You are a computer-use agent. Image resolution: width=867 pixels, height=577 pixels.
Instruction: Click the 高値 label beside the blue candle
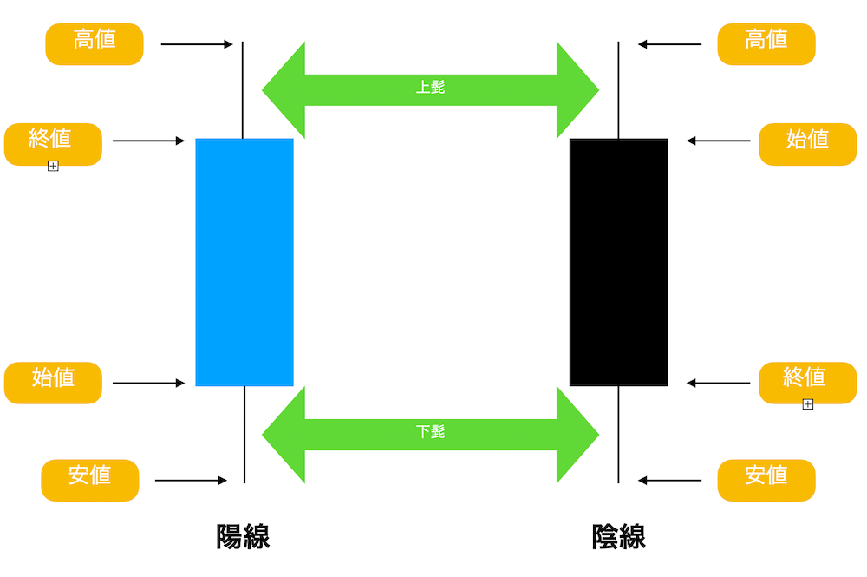point(95,44)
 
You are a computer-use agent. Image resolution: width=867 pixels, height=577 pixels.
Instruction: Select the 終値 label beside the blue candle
point(53,144)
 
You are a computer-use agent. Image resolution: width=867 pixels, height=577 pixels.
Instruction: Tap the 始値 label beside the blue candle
point(53,383)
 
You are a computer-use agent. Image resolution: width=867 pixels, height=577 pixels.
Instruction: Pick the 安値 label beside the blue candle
point(90,480)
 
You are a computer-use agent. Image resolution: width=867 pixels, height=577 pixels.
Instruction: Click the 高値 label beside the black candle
point(766,44)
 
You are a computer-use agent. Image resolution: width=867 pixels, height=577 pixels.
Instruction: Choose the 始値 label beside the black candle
point(808,144)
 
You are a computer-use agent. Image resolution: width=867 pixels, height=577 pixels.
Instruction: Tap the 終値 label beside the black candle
point(808,383)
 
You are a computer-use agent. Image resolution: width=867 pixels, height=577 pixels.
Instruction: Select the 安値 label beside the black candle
point(766,480)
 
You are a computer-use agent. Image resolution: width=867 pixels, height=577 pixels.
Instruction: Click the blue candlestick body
point(244,262)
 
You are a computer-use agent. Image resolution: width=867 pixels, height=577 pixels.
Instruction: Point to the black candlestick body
point(618,262)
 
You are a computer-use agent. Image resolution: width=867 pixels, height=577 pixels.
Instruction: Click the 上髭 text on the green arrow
point(430,87)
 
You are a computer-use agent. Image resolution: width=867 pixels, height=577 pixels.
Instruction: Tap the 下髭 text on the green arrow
point(430,431)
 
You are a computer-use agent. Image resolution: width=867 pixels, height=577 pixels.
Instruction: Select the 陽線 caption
point(243,536)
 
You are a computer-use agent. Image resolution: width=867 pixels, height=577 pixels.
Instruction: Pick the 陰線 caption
point(618,536)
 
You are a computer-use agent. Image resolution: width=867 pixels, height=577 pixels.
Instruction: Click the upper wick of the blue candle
point(243,89)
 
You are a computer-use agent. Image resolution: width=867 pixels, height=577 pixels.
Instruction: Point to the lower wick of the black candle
point(618,435)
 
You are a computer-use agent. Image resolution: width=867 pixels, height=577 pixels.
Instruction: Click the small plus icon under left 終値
point(53,166)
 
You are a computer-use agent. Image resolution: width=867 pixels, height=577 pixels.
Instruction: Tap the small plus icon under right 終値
point(808,404)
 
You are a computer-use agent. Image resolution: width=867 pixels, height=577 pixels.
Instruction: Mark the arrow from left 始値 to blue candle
point(149,383)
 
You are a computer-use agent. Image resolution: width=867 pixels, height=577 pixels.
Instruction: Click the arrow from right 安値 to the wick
point(669,480)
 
